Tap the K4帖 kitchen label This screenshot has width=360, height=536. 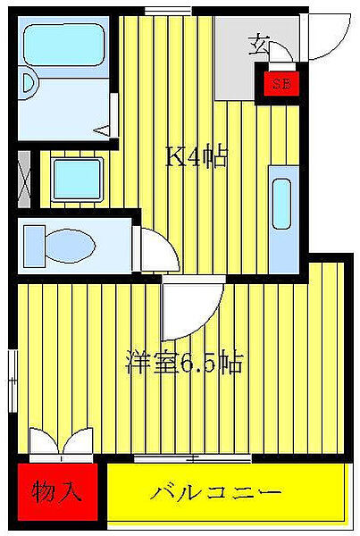click(196, 158)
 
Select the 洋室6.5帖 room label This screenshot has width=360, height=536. click(185, 364)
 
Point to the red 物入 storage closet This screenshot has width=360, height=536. click(55, 491)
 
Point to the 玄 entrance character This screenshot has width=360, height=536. click(260, 42)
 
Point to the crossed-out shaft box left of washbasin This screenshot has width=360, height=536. click(23, 179)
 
